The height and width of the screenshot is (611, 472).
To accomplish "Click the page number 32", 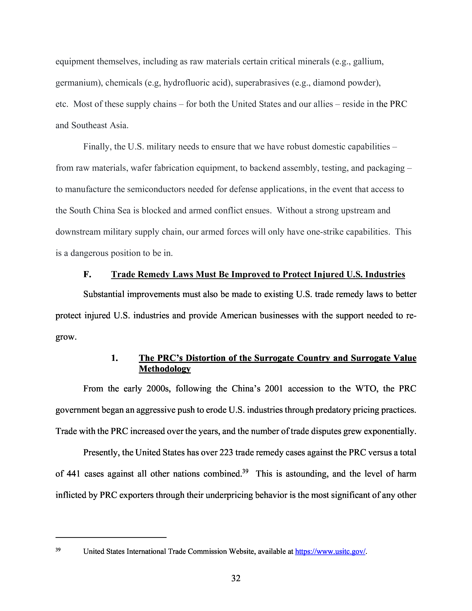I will (236, 578).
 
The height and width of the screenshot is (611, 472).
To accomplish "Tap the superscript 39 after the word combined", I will (245, 471).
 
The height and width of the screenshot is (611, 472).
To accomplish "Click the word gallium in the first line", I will (368, 61).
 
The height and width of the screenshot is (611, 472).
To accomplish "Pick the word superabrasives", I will (262, 83).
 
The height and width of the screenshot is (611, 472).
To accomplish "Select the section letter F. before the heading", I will (87, 274).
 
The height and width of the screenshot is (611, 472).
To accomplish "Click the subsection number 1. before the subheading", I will (115, 358).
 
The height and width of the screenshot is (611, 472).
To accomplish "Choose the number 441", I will (73, 474).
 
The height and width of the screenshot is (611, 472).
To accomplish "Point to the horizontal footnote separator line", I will (111, 537).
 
